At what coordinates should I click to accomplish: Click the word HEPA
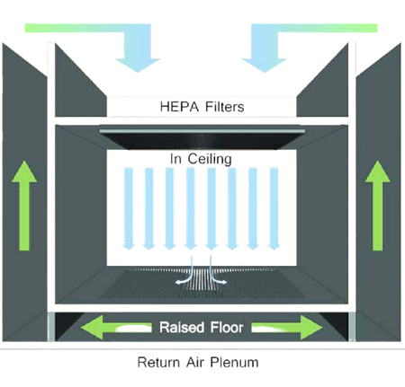pos(179,107)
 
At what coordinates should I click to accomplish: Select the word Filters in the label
pos(225,107)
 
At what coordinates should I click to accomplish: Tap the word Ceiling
pos(210,159)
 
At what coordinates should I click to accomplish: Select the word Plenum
pos(234,362)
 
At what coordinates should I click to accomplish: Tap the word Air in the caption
pos(195,362)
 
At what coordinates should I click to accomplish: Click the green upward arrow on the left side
pos(24,206)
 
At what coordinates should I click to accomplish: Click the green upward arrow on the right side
pos(377,206)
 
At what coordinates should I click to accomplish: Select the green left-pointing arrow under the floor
pos(116,328)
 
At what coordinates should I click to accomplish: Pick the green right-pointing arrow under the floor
pos(287,328)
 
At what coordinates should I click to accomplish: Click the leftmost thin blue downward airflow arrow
pos(129,208)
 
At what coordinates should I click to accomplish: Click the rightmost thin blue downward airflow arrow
pos(274,208)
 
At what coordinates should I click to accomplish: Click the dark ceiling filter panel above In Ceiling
pos(202,139)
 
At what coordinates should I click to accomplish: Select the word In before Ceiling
pos(175,159)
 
